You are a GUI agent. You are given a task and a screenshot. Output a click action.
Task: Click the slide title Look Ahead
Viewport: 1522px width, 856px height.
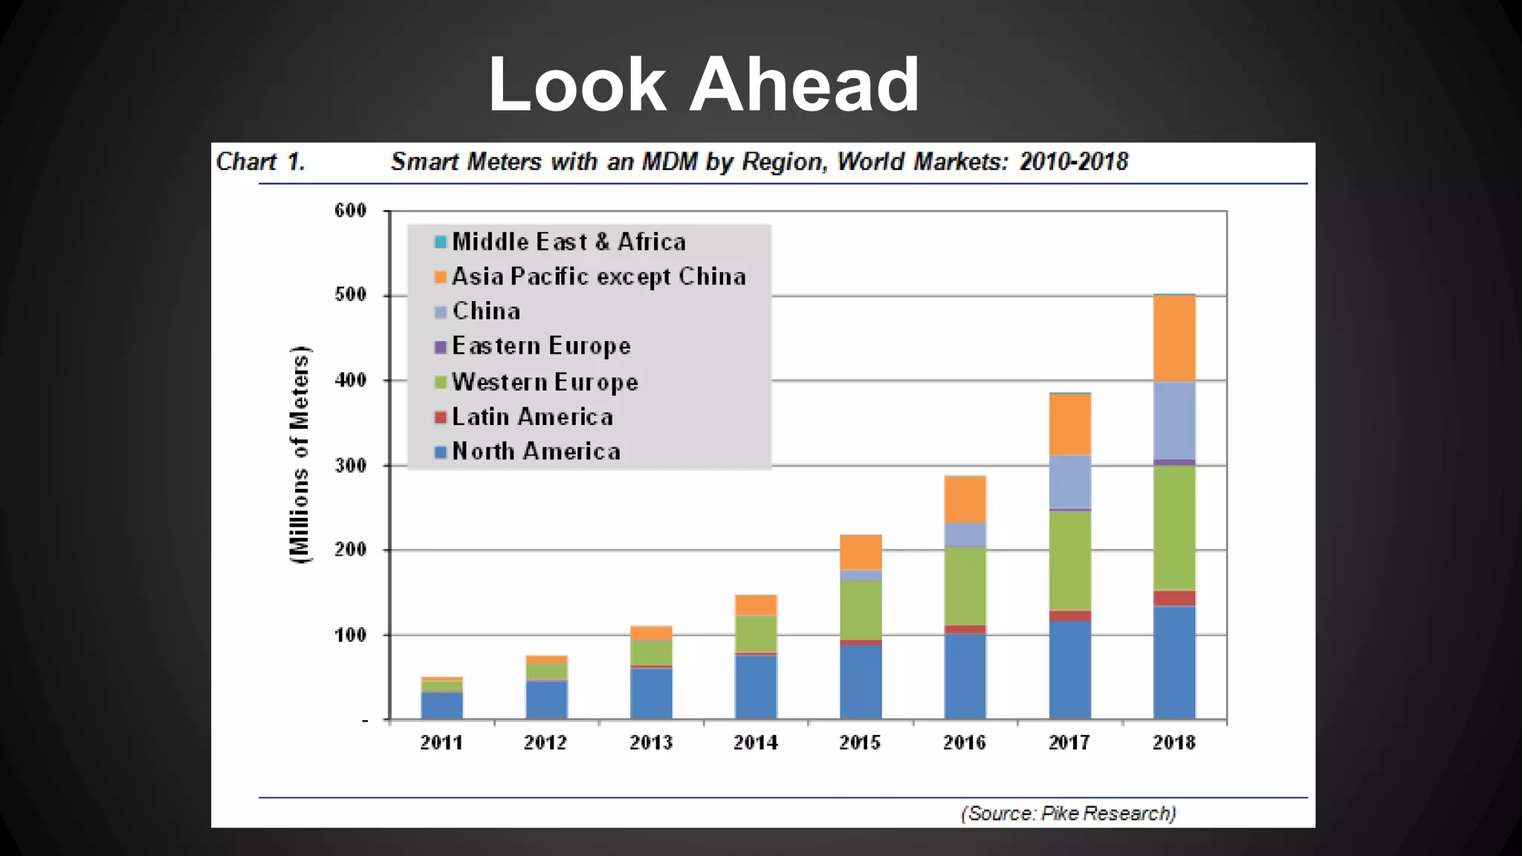(x=703, y=84)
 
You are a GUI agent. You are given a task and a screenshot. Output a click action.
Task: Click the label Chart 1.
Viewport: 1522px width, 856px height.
(x=261, y=161)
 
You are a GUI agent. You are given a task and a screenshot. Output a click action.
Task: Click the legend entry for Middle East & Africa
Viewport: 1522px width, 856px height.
(x=568, y=241)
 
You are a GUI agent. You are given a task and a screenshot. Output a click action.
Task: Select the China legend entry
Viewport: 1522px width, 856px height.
(x=486, y=311)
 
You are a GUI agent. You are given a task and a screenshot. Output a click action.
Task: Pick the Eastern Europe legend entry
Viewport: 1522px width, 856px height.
(x=541, y=346)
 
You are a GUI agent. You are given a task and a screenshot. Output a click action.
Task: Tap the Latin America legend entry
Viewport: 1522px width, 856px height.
(x=532, y=416)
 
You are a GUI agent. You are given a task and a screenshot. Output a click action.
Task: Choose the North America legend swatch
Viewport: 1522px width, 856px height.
(x=440, y=451)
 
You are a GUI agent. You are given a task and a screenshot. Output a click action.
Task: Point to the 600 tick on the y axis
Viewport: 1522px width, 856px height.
(x=350, y=210)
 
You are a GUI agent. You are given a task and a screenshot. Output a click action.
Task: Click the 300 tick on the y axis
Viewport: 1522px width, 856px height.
(x=350, y=465)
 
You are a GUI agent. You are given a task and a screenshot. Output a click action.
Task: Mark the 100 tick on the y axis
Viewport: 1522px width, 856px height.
(x=350, y=635)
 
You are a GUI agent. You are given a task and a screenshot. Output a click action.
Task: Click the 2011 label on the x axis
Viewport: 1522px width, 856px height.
(x=441, y=742)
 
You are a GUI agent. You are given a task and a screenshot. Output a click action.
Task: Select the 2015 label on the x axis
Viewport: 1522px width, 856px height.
(x=860, y=742)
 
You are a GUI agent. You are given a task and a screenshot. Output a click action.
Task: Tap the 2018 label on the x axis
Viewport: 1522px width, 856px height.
(x=1173, y=742)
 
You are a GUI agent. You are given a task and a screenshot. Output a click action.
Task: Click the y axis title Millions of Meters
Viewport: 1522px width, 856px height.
(x=299, y=455)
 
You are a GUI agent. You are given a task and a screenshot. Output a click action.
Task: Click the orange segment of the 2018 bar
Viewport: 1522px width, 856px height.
(x=1174, y=339)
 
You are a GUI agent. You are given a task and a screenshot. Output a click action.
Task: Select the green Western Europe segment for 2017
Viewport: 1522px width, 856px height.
(x=1069, y=560)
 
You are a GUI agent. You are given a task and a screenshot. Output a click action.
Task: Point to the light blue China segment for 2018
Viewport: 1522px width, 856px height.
(x=1174, y=421)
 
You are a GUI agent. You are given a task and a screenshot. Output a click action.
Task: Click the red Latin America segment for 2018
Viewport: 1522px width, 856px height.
(x=1174, y=598)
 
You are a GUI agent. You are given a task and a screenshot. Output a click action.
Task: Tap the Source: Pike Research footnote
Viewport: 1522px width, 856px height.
(x=1068, y=813)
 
